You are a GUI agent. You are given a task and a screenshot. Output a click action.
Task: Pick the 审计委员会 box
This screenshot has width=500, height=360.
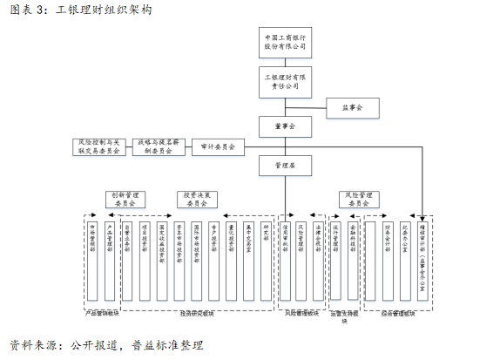[218, 147]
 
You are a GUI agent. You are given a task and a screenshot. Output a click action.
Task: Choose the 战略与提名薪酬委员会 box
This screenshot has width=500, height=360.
[158, 146]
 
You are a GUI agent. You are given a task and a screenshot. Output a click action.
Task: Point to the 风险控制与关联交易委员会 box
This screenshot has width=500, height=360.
[98, 146]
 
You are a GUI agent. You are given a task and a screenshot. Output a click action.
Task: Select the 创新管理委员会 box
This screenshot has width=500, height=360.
[128, 199]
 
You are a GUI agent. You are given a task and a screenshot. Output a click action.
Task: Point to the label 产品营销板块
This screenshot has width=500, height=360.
[102, 311]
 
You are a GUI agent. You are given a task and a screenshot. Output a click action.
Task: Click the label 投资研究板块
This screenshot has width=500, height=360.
[198, 311]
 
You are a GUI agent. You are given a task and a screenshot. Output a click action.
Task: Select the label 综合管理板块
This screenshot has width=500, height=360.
[397, 311]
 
